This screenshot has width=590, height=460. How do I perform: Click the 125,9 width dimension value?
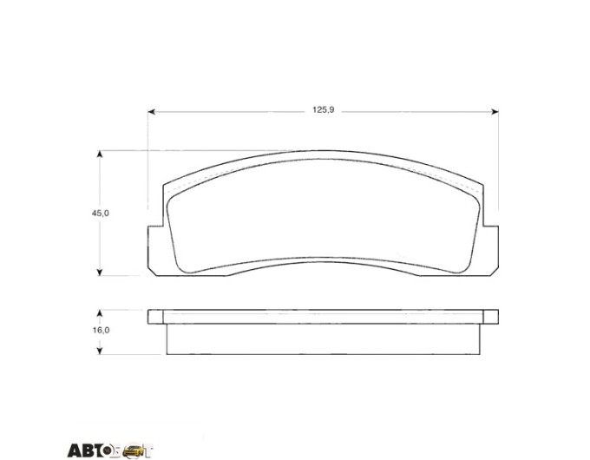(x=324, y=110)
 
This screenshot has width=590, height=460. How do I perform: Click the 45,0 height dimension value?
(x=101, y=213)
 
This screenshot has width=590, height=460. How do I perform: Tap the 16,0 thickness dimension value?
(x=101, y=330)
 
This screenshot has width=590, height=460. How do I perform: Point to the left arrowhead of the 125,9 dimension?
(x=151, y=112)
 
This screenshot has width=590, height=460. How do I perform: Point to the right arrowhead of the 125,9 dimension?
(x=495, y=112)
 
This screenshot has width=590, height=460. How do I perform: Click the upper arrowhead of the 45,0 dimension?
(x=100, y=154)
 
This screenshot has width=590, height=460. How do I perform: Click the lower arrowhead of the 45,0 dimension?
(x=100, y=272)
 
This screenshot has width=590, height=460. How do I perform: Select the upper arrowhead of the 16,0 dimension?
(x=100, y=313)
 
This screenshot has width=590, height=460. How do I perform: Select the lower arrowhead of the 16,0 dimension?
(x=100, y=351)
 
